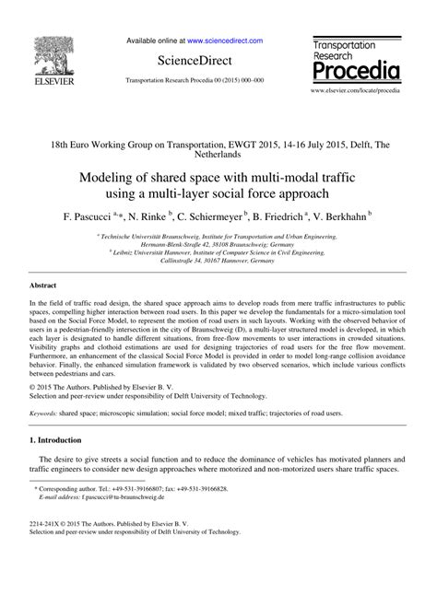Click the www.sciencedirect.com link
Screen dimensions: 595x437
(225, 41)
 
